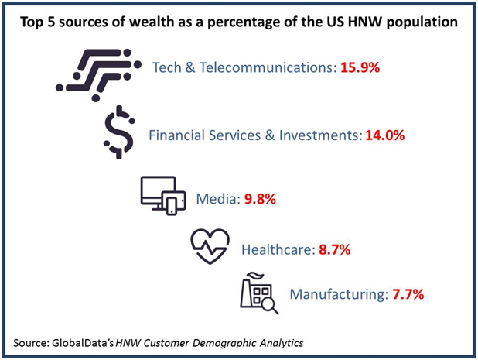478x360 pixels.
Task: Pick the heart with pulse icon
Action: click(210, 246)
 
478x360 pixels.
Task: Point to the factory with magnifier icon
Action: click(258, 293)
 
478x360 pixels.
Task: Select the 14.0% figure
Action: click(384, 135)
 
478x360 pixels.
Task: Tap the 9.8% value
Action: click(260, 199)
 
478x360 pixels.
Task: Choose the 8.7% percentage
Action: click(335, 249)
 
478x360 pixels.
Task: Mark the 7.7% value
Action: click(408, 294)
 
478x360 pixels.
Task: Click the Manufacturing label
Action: click(338, 294)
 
